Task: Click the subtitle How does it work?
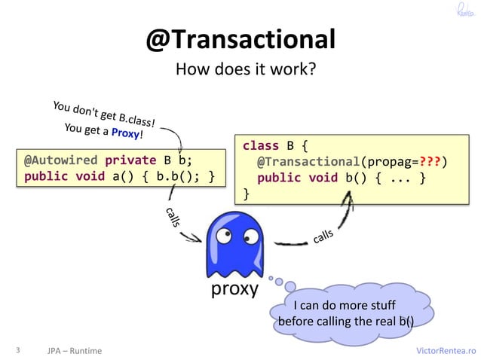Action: click(245, 71)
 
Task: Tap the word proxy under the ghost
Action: click(234, 289)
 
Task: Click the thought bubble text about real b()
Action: click(346, 314)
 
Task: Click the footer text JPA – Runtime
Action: click(74, 351)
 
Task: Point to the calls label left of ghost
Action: click(172, 220)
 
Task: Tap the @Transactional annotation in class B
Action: click(308, 161)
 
